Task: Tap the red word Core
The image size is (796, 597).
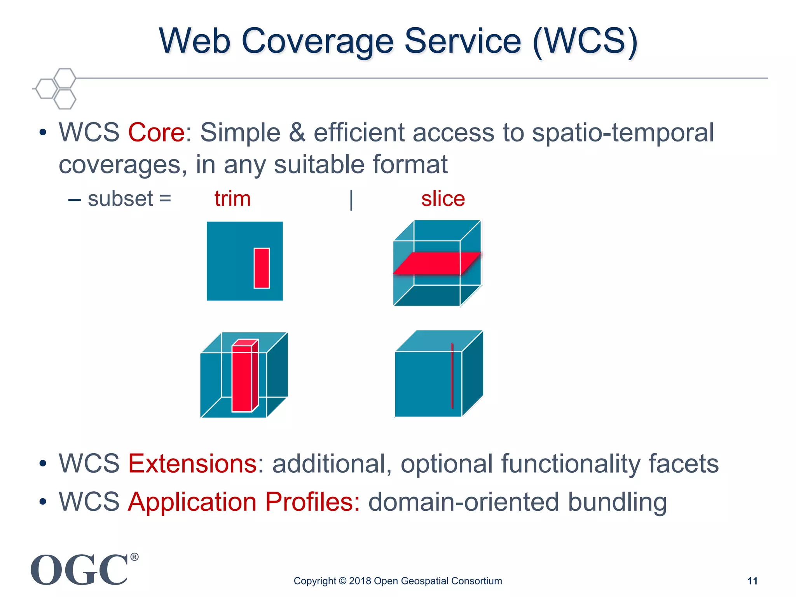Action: [156, 133]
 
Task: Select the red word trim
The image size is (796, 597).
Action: [232, 199]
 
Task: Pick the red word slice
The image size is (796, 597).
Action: [443, 199]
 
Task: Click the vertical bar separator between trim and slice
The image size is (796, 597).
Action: [351, 200]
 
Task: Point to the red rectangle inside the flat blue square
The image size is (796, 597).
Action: [262, 268]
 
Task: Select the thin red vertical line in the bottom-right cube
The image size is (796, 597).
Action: [452, 375]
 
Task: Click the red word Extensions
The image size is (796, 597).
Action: [192, 464]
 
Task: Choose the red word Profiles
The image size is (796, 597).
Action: [313, 502]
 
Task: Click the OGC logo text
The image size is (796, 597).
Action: [79, 570]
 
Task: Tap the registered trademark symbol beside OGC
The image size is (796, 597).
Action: [134, 557]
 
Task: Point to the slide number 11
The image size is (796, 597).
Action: [752, 581]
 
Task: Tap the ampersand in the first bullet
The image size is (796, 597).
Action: [297, 133]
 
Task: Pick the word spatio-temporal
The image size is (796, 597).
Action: [623, 133]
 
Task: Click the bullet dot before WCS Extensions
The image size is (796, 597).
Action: [43, 464]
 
